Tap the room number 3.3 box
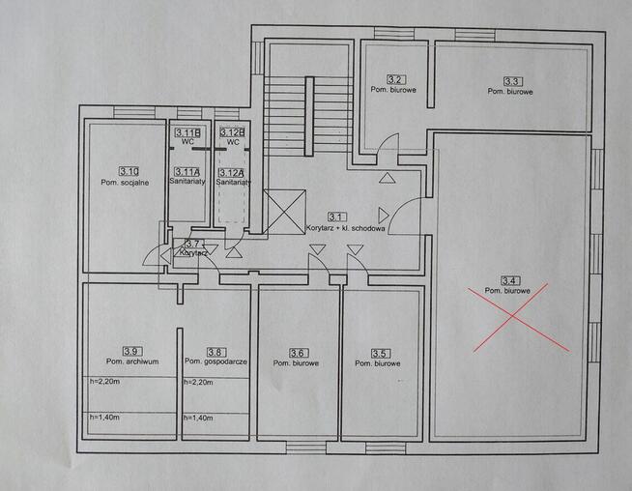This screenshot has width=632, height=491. point(512,82)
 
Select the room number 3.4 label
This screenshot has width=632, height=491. point(510,280)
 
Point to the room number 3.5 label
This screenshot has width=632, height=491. point(379,354)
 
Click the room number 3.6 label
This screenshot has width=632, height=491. point(299,354)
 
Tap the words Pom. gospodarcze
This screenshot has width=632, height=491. point(215,361)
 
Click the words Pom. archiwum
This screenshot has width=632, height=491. point(132,361)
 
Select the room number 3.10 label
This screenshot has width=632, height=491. point(129,172)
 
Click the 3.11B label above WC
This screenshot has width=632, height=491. point(187,132)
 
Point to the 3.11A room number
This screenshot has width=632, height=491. point(187,173)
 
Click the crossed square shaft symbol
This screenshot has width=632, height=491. point(284,212)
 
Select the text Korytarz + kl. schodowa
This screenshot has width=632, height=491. point(345,228)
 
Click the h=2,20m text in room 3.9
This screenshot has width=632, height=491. point(104,382)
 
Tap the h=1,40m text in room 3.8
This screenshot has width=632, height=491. point(198,419)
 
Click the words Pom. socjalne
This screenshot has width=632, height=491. point(125,183)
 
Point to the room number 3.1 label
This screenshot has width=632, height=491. point(335,217)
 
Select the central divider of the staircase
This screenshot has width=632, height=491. point(309,116)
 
